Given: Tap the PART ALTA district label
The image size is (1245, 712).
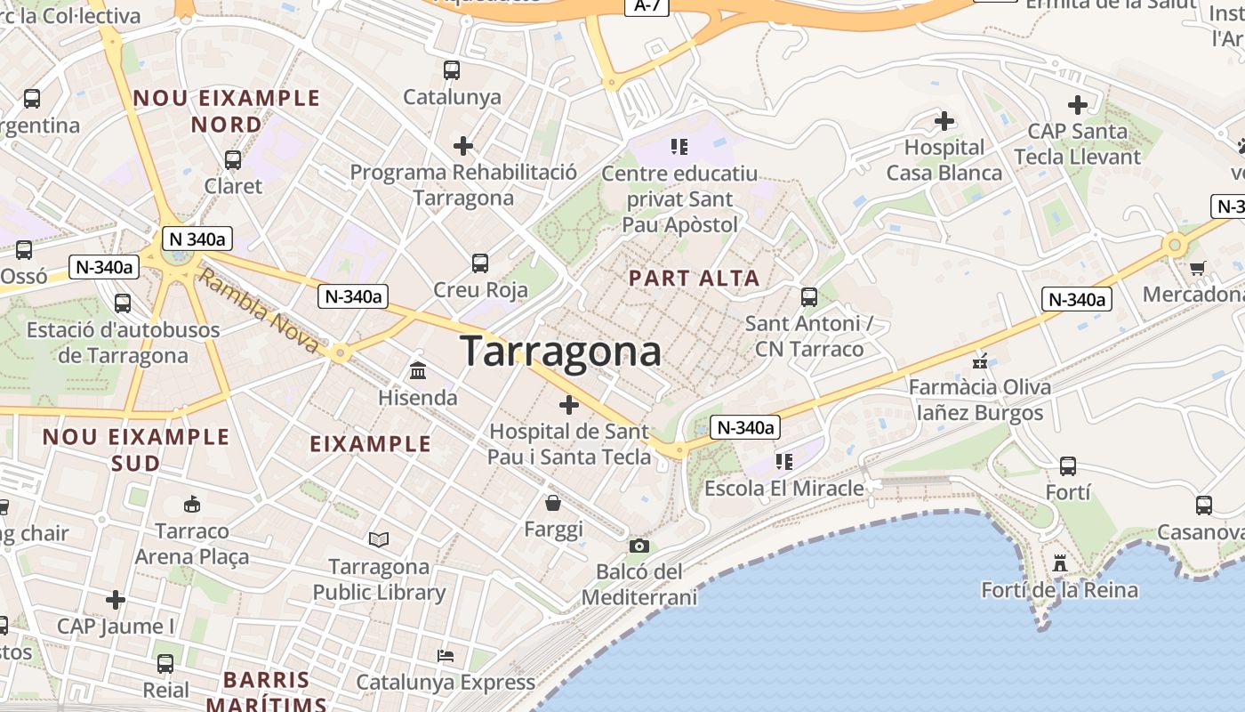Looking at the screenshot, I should [695, 278].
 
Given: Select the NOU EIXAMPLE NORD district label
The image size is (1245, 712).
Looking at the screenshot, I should [227, 110].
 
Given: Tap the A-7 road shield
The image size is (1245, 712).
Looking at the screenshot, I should [647, 5].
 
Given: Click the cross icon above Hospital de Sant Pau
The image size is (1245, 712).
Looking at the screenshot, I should [569, 406].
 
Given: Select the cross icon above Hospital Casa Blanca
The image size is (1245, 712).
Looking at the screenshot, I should [944, 120].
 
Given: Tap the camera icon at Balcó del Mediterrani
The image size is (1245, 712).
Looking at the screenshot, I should [639, 546].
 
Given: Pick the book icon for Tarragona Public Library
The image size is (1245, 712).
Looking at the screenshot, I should [379, 539].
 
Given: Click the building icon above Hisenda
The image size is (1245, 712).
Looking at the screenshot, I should [418, 370].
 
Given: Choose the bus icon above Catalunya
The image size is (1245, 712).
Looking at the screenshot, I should [452, 69].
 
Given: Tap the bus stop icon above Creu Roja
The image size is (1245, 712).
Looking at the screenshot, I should [480, 263].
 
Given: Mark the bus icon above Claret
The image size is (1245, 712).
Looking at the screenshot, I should [233, 160].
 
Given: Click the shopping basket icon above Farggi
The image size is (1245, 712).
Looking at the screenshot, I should [553, 503].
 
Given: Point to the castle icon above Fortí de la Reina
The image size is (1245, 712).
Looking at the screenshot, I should [1059, 562].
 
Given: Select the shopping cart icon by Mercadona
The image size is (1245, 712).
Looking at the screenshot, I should [1198, 267].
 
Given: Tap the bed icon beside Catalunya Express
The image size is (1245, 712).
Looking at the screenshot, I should [446, 656].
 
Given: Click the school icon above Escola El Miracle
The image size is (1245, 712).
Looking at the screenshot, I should [783, 461].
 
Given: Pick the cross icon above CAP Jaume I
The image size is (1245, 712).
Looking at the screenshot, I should [116, 599].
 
